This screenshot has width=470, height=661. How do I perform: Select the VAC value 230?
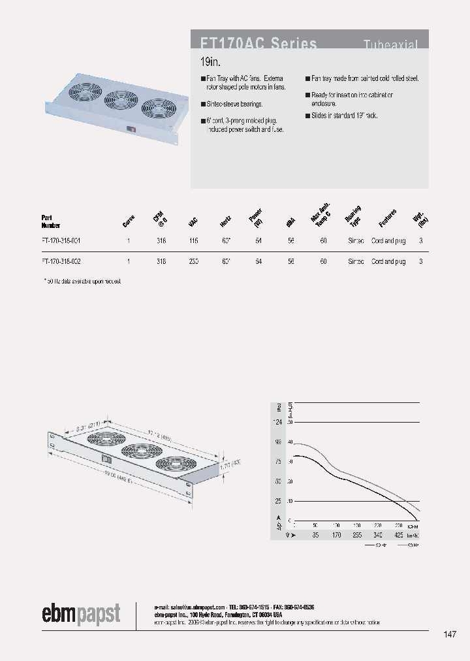click(194, 261)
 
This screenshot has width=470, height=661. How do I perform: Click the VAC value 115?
click(194, 241)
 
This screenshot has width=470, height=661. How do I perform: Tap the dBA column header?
click(290, 222)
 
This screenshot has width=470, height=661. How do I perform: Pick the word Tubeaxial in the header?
click(390, 44)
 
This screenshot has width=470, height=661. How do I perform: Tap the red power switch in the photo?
click(134, 129)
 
